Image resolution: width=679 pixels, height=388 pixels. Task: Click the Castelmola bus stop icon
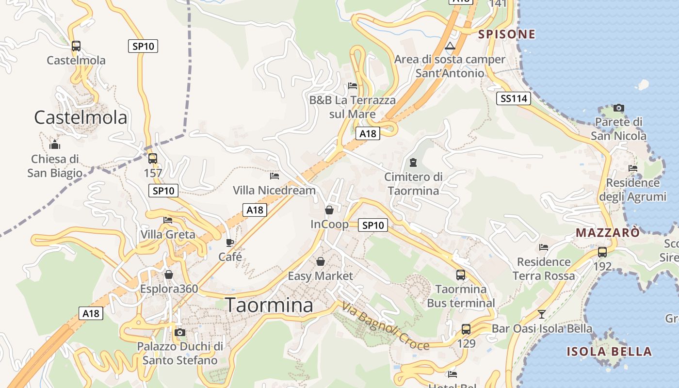pos(76,46)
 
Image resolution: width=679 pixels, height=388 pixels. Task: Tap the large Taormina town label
pos(270,305)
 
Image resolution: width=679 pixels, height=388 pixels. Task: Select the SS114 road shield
pos(514,99)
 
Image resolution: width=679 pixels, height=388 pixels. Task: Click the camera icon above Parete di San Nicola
pos(618,108)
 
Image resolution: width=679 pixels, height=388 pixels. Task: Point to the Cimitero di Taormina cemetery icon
pos(413,162)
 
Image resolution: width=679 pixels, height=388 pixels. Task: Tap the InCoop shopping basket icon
pos(329,210)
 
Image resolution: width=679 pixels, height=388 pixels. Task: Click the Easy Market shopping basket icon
pos(320,261)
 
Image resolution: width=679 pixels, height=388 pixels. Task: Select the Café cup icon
pos(230,242)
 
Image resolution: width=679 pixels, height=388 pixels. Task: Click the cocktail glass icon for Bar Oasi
pos(542,314)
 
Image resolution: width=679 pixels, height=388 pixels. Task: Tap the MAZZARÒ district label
pos(608,233)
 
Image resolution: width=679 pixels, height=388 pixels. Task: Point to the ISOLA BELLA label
pos(609,352)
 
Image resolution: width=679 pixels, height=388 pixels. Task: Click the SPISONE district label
pos(507,34)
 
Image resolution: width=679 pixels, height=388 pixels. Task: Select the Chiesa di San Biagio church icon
pos(55,145)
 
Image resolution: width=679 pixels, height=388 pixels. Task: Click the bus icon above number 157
pos(152,158)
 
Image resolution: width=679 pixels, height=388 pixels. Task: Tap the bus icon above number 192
pos(602,252)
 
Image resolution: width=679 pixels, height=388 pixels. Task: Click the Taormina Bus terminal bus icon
pos(460,275)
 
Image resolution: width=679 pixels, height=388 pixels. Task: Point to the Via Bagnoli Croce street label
pos(386,326)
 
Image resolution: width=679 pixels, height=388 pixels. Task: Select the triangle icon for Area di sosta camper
pos(450,46)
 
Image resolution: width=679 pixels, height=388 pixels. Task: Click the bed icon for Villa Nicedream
pos(275,176)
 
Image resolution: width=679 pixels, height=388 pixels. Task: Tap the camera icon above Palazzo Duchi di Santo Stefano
pos(180,332)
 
